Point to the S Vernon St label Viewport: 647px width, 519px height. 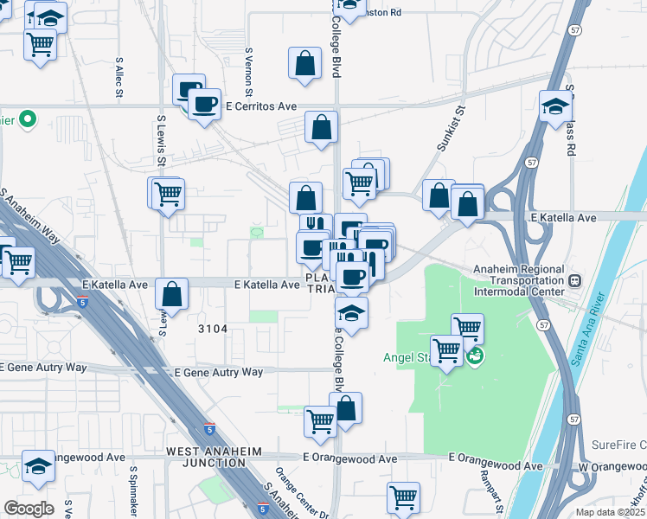(249, 72)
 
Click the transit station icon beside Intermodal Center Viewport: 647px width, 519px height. (573, 280)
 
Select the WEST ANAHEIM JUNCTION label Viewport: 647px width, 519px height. (206, 458)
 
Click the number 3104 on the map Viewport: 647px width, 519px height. (212, 329)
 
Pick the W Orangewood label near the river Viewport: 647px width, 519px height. (610, 467)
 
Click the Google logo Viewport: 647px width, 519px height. (29, 508)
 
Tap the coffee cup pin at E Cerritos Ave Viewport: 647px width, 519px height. (205, 106)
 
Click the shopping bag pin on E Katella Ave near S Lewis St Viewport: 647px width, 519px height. (172, 294)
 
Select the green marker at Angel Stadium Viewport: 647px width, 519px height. (475, 355)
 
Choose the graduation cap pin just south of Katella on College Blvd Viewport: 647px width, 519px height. (351, 312)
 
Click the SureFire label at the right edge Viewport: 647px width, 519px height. (618, 445)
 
